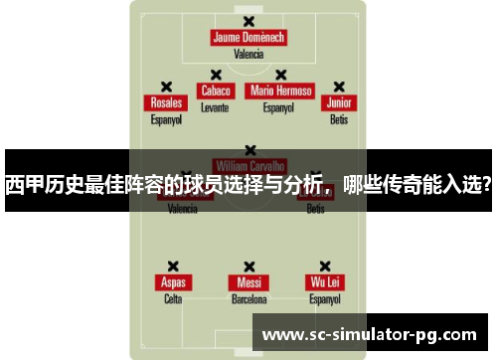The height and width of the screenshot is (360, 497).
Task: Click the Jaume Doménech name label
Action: click(x=248, y=38)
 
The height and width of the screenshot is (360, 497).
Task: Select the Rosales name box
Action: click(x=166, y=103)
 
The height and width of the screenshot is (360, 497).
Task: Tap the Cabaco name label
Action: click(x=215, y=90)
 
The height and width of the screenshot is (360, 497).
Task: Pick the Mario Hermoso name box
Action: click(x=281, y=90)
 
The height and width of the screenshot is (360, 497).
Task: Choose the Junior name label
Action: click(x=339, y=103)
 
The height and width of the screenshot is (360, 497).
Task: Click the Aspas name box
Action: click(x=173, y=282)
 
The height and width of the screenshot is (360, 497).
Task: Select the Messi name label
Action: click(x=248, y=282)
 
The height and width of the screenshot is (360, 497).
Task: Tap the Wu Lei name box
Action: click(x=324, y=282)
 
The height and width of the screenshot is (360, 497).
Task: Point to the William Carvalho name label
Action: click(x=248, y=165)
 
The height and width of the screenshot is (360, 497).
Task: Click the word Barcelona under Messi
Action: click(x=248, y=298)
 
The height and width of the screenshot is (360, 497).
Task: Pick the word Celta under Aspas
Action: click(x=173, y=298)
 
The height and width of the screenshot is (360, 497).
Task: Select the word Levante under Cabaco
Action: click(x=215, y=106)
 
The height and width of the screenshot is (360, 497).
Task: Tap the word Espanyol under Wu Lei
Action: click(x=324, y=298)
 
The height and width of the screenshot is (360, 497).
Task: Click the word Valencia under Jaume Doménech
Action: click(x=248, y=55)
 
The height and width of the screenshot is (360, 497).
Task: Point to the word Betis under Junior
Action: click(x=339, y=119)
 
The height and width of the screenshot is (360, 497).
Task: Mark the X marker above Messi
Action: click(x=248, y=266)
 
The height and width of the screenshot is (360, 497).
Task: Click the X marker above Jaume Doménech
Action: click(x=248, y=20)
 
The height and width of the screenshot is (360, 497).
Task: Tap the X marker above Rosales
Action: click(x=166, y=87)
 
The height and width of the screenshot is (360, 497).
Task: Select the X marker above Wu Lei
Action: click(x=324, y=266)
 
